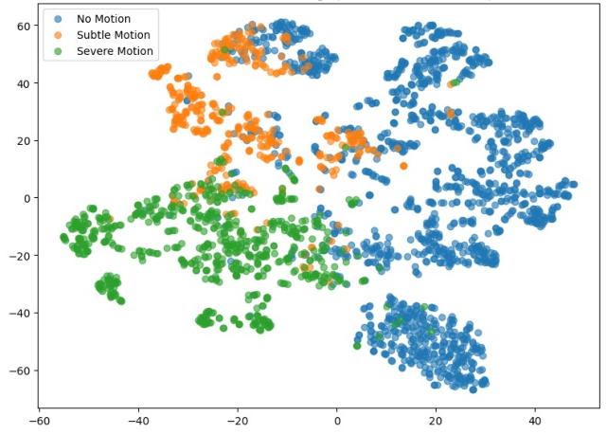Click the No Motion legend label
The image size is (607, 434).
[x=104, y=19]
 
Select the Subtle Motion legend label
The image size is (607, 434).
[x=112, y=35]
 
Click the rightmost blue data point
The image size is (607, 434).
[x=573, y=184]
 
